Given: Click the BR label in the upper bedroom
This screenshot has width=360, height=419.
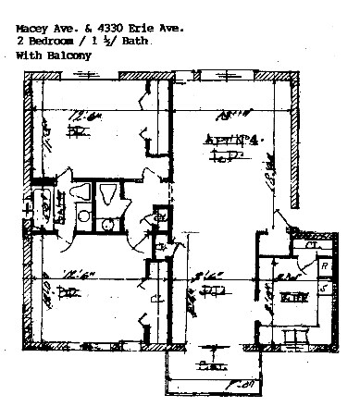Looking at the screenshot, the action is click(76, 132).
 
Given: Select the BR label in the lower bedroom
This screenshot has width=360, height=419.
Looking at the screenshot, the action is click(68, 293).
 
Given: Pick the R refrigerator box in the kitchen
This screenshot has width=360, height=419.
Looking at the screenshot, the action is click(325, 265).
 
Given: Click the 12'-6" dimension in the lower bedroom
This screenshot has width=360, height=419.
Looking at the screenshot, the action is click(68, 275).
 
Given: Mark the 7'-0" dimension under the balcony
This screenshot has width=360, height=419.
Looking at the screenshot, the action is click(244, 382).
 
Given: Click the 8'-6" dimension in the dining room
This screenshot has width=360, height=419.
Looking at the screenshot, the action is click(206, 275).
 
